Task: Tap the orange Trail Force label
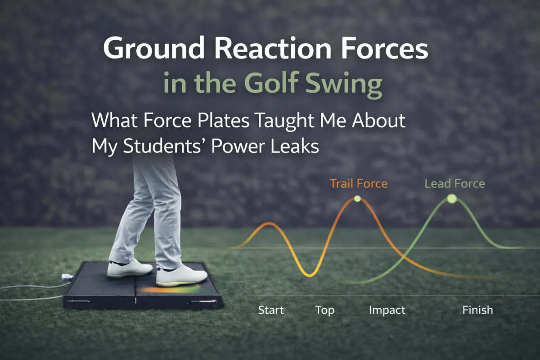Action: pos(358,184)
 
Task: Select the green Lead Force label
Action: pos(454,184)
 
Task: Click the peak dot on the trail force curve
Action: pos(357,198)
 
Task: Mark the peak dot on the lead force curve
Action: pos(452,199)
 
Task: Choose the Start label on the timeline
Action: pos(271,310)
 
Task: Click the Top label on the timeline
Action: pos(324,310)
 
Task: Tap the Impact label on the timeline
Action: pos(387,310)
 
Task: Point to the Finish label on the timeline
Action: pos(477,310)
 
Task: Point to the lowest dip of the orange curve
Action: pos(310,275)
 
